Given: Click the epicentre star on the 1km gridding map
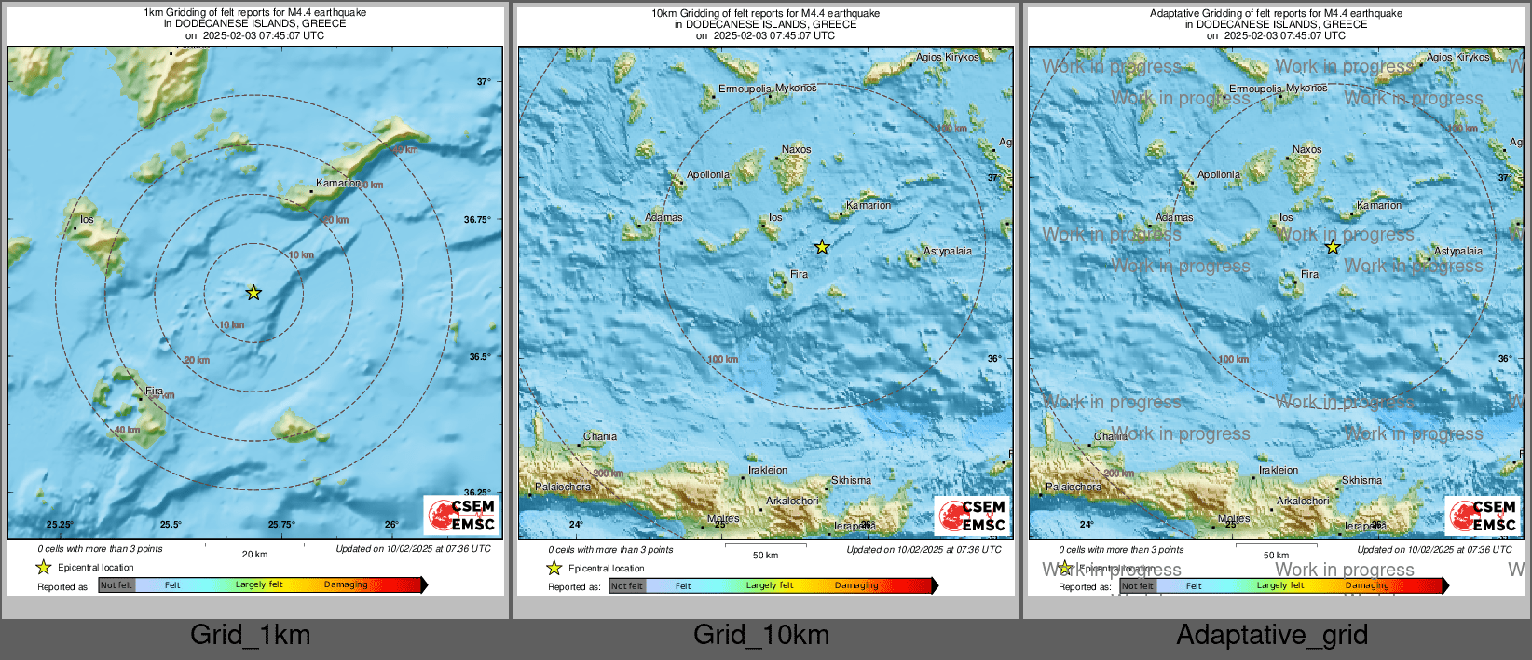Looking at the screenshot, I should [x=253, y=293].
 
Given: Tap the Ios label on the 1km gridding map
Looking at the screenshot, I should [x=87, y=220].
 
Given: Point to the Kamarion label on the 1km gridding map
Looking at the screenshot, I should [x=337, y=184].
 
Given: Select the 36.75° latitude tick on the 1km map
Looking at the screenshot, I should [x=477, y=220].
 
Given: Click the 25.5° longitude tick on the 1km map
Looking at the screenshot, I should [x=171, y=525].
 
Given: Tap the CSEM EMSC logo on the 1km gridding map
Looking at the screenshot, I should [x=462, y=516].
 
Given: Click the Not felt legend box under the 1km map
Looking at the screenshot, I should [x=116, y=585].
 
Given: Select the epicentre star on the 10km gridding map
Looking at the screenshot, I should [x=822, y=247].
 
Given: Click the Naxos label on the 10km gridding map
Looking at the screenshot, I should [x=796, y=149].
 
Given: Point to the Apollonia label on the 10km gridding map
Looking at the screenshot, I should [x=708, y=175].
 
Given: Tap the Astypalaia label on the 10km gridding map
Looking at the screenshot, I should [x=947, y=252].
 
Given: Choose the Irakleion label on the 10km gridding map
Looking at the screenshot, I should [x=768, y=471].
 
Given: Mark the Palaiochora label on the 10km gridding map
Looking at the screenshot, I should [x=563, y=488].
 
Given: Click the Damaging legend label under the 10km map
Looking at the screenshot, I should [x=855, y=585].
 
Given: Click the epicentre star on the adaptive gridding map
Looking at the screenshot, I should [x=1333, y=247].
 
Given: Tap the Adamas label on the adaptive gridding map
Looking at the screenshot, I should [x=1174, y=218].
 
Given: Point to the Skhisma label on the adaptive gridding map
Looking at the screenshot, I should [x=1361, y=481].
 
